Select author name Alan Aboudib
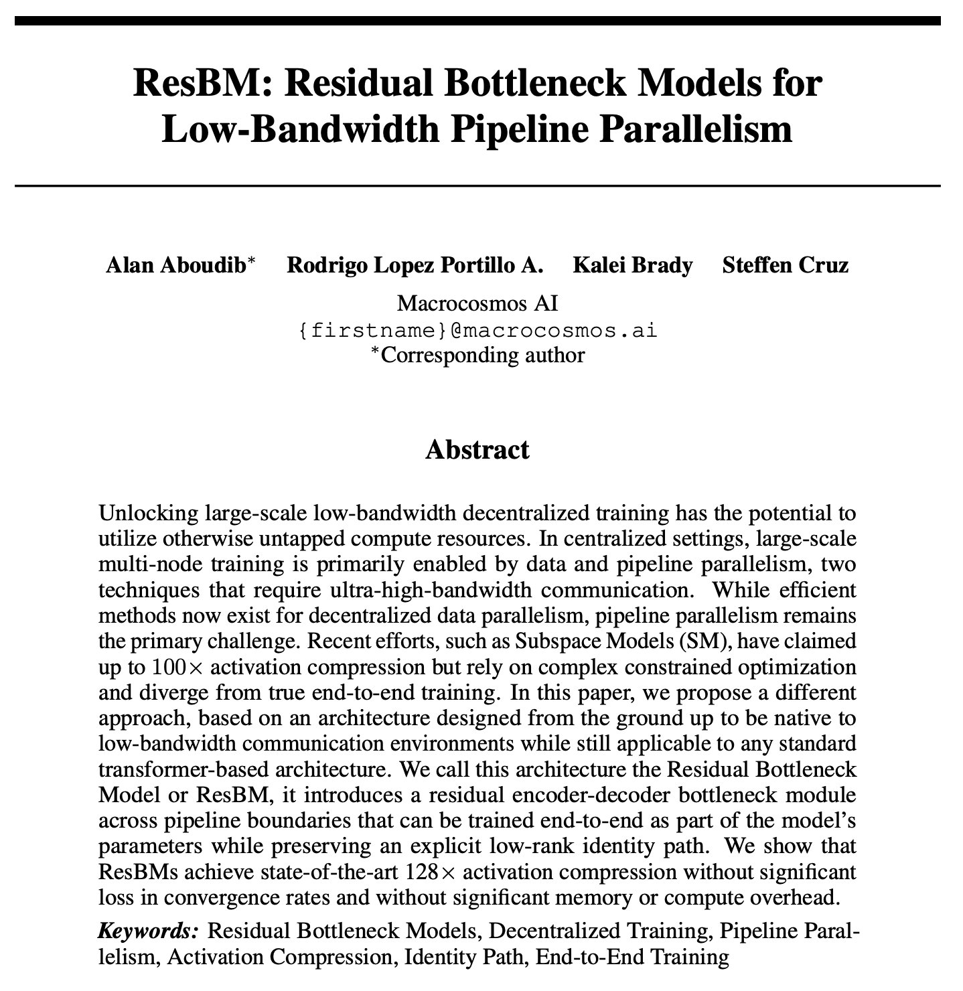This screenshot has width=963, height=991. [175, 266]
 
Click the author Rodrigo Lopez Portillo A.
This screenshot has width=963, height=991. [415, 266]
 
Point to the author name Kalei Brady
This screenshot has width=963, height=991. [632, 266]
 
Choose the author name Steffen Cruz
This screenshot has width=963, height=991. [785, 266]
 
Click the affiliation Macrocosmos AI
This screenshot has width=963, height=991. [477, 303]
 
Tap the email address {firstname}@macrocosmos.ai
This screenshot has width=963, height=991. [477, 329]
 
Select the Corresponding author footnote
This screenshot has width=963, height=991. [478, 354]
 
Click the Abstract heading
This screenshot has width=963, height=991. [477, 449]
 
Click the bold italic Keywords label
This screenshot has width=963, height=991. [149, 931]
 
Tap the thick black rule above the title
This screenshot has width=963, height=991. [477, 20]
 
